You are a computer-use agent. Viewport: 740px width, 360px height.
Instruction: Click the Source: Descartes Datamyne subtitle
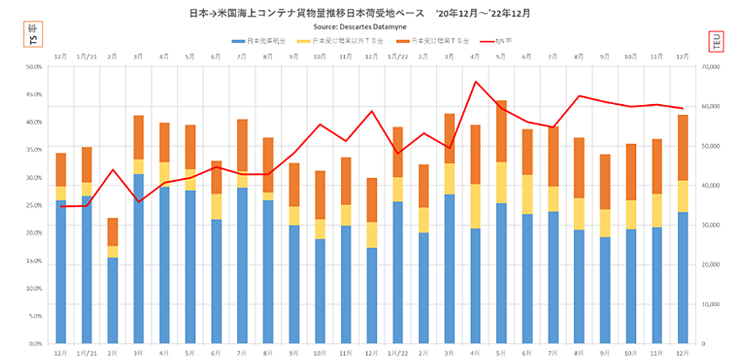point(370,28)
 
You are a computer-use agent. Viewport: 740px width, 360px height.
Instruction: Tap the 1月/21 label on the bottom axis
point(86,353)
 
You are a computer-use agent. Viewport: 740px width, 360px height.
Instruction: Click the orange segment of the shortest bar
point(112,232)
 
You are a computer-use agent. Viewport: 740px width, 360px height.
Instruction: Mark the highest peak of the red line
point(475,81)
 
